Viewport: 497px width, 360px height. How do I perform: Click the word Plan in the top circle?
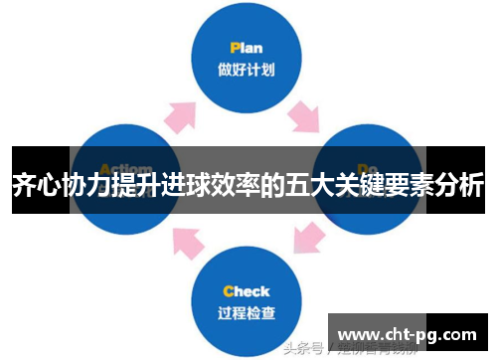[248, 47]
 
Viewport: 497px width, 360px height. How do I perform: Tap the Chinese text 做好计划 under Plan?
[248, 69]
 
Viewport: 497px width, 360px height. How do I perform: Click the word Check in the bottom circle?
[248, 291]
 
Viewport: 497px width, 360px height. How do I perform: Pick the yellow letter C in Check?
[229, 291]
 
